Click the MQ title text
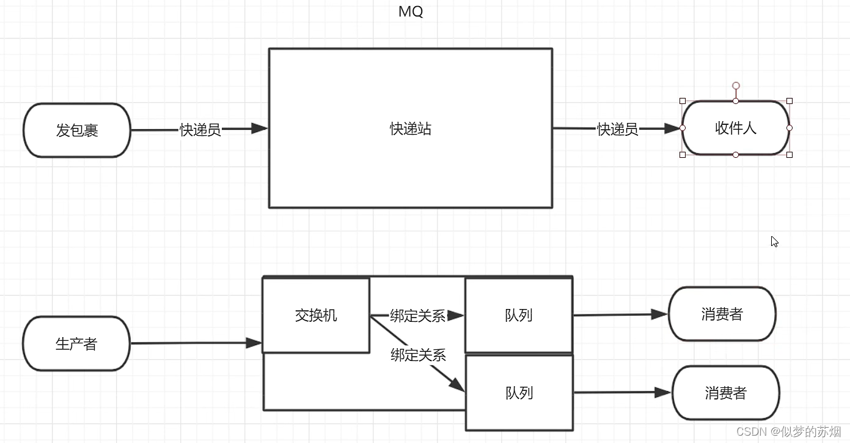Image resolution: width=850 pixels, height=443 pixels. [410, 12]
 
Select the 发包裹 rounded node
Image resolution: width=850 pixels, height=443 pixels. [77, 130]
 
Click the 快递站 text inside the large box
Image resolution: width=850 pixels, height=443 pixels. [411, 128]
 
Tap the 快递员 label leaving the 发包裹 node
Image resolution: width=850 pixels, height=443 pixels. [200, 130]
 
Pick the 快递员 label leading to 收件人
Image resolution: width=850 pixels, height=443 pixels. [617, 129]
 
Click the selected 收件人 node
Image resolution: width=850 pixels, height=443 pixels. [735, 128]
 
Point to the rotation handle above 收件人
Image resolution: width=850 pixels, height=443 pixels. [736, 86]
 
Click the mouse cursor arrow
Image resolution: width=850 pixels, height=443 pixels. [774, 241]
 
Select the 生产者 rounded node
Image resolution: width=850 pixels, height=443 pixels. [76, 344]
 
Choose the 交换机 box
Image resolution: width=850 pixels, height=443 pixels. [316, 316]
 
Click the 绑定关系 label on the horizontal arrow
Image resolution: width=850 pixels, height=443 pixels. [417, 316]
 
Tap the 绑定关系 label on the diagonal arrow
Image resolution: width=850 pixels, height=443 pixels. [418, 355]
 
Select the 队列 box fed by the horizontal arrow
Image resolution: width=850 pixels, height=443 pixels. [518, 315]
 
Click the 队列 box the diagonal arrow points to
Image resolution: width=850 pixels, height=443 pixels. [519, 393]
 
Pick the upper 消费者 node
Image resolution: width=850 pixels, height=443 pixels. [722, 314]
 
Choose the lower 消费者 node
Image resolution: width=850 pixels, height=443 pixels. [725, 393]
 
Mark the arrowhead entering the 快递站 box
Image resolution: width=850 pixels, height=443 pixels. [260, 128]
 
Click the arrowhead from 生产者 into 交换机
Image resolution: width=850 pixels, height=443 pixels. [254, 343]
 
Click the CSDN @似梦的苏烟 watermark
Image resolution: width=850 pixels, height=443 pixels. [788, 431]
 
